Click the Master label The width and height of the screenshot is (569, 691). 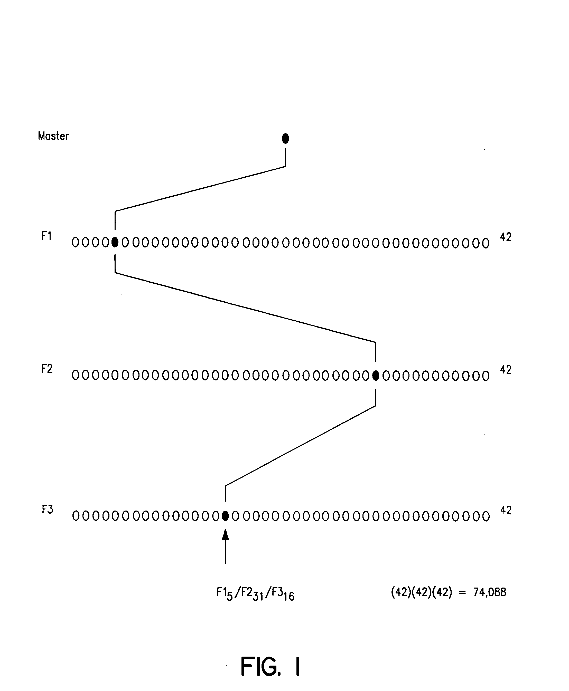pos(53,136)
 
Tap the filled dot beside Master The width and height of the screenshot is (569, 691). pos(285,139)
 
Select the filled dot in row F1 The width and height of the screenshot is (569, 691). pos(115,242)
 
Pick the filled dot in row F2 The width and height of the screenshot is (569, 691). pos(376,376)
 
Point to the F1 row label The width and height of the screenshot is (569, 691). pos(46,236)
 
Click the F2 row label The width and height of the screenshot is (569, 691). pos(47,369)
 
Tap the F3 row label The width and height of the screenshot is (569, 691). pos(47,510)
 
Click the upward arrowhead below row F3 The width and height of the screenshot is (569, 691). pos(225,535)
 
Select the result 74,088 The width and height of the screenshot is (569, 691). pos(489,592)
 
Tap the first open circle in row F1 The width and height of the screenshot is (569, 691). pos(75,243)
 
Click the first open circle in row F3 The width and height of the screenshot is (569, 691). pos(76,516)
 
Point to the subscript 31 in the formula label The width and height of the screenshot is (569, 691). pos(259,597)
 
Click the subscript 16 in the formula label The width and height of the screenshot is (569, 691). pos(289,597)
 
